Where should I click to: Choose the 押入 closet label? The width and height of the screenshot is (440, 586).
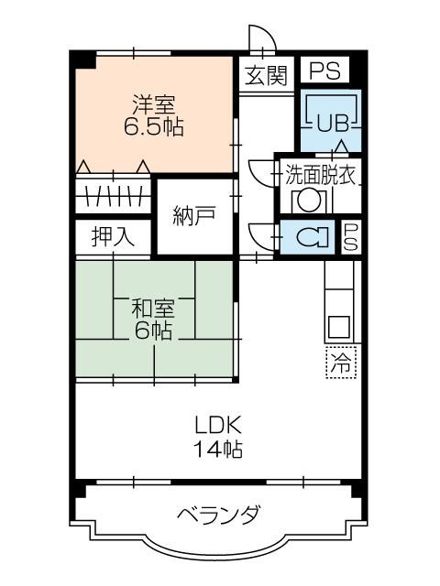click(112, 236)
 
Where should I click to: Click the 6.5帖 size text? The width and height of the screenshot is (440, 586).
click(153, 127)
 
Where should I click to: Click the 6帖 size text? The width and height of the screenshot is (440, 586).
click(153, 331)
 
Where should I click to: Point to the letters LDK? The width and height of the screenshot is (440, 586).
click(217, 426)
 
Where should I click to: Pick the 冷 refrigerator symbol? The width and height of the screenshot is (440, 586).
click(340, 363)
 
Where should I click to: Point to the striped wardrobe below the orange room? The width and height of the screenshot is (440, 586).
click(112, 195)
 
